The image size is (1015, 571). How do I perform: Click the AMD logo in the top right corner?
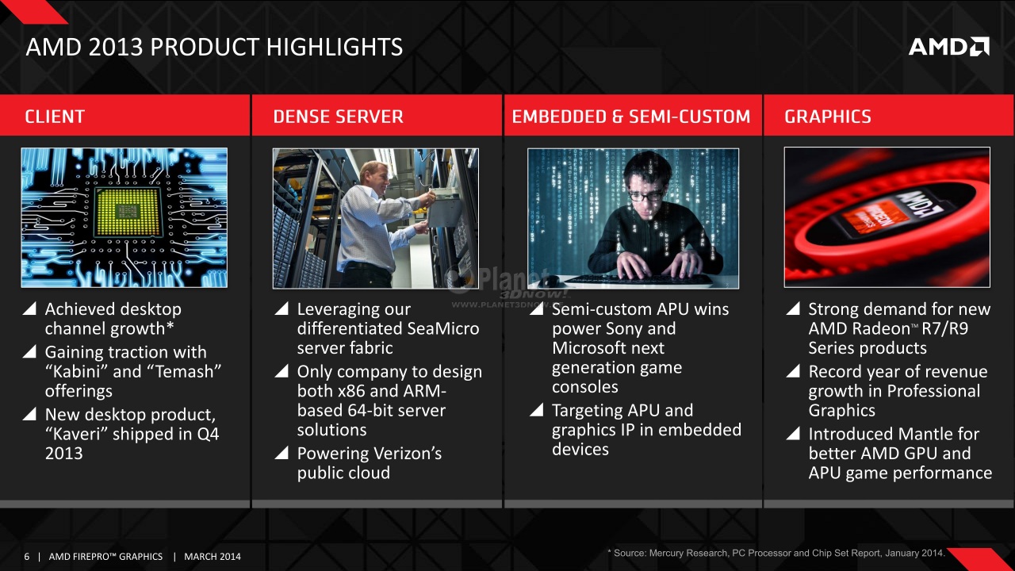click(949, 47)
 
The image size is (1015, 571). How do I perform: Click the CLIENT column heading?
click(55, 117)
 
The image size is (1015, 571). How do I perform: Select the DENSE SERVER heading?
click(338, 117)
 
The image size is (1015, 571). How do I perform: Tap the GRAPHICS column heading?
click(827, 117)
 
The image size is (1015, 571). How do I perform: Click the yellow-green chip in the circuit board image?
click(128, 212)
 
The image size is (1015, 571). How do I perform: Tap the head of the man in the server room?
click(375, 176)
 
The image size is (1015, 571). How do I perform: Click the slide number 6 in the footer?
click(27, 557)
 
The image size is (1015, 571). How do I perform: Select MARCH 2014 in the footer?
click(212, 557)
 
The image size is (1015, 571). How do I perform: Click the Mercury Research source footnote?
click(776, 554)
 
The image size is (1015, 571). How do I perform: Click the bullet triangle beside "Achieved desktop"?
click(29, 308)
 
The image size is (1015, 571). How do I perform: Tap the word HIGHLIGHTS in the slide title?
click(335, 47)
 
